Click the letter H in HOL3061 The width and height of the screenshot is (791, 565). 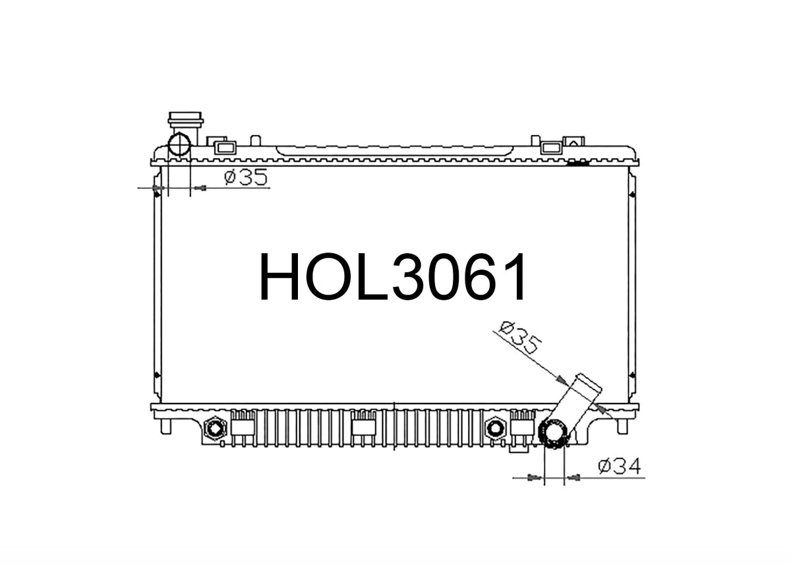[x=279, y=276]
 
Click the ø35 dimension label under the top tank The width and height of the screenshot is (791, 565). [x=246, y=177]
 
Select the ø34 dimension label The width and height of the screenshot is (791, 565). [x=620, y=466]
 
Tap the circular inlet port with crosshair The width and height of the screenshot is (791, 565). [x=179, y=145]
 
